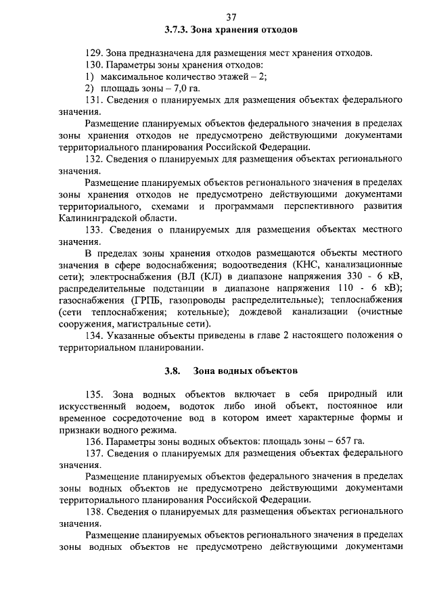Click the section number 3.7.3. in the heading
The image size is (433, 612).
coord(177,30)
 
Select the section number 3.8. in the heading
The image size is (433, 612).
coord(173,371)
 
